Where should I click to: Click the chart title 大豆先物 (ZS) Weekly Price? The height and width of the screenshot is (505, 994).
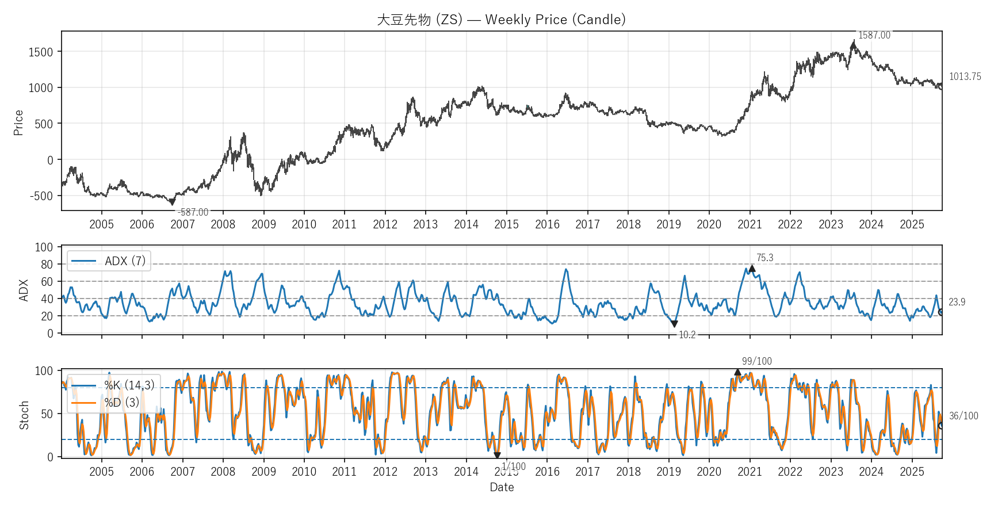501,20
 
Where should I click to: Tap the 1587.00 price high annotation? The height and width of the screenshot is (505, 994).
874,35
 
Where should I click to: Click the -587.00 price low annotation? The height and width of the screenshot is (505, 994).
193,212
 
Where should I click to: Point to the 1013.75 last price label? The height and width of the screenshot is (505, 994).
965,76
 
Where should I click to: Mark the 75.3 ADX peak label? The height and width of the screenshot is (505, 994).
764,258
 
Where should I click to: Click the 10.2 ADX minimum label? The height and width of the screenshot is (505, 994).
687,335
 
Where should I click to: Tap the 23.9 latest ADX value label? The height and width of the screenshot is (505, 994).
957,302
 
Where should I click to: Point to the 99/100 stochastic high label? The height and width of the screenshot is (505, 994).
756,361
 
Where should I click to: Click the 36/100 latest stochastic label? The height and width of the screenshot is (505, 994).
963,416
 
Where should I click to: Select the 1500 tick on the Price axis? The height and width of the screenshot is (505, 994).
41,52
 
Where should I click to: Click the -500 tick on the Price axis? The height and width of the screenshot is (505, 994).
41,196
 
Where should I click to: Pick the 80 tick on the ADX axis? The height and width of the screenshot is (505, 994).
47,265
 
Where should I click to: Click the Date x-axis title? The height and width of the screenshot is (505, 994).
502,487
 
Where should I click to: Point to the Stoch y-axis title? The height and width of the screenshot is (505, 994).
24,415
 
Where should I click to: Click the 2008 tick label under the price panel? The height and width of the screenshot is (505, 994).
223,224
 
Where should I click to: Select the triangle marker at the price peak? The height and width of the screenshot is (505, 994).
853,45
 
